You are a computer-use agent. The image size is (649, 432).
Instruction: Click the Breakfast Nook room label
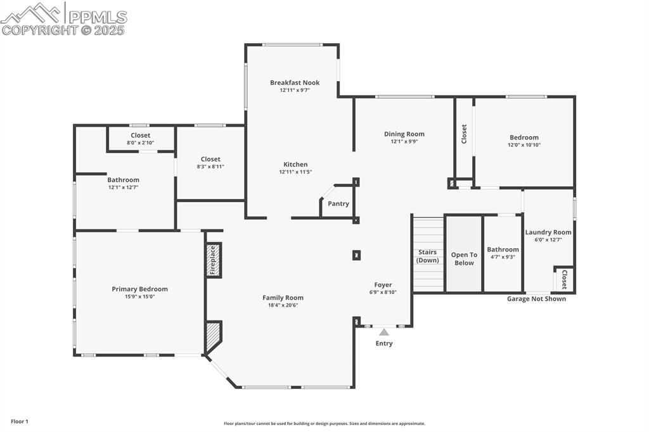tap(295, 82)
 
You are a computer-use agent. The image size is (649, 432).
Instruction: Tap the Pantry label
tap(338, 204)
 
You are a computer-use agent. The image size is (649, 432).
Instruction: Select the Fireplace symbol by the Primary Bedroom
tap(214, 260)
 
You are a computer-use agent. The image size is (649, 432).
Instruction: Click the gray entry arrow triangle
tap(384, 331)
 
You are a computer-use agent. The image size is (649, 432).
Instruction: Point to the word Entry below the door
tap(384, 343)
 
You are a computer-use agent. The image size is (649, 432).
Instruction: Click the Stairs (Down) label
tap(428, 256)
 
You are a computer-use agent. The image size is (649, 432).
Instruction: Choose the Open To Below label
tap(464, 258)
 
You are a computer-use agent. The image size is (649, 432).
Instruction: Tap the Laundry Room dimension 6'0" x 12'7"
tap(548, 239)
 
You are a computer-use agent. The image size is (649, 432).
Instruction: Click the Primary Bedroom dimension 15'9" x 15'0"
tap(140, 296)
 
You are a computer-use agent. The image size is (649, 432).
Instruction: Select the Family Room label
tap(283, 298)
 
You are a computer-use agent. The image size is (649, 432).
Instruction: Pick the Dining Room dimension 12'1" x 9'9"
tap(404, 141)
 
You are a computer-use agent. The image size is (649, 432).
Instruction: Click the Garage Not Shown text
tap(536, 299)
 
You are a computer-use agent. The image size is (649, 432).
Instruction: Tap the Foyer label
tap(383, 285)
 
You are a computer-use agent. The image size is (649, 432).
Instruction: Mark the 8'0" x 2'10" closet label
tap(141, 143)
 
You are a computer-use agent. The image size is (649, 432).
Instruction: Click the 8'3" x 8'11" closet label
tap(210, 167)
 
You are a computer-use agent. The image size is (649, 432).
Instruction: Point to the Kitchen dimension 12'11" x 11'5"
tap(295, 172)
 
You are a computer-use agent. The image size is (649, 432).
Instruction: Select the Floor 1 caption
tap(20, 421)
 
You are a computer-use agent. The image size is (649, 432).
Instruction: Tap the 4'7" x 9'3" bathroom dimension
tap(503, 257)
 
